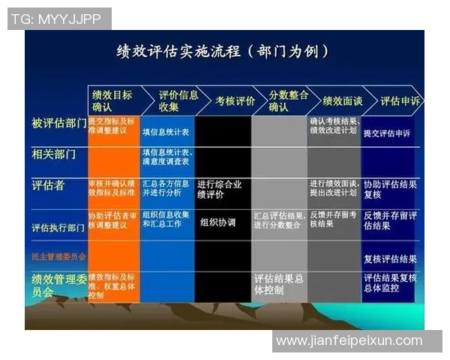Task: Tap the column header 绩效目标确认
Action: (x=112, y=100)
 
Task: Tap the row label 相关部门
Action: (x=53, y=154)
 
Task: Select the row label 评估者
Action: (x=47, y=185)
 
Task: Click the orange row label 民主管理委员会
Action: (x=58, y=256)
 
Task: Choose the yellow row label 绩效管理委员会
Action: (x=58, y=284)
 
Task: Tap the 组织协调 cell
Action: (x=218, y=223)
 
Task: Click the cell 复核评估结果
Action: (x=390, y=259)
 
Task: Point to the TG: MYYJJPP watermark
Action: (x=58, y=19)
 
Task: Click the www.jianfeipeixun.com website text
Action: (x=349, y=340)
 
